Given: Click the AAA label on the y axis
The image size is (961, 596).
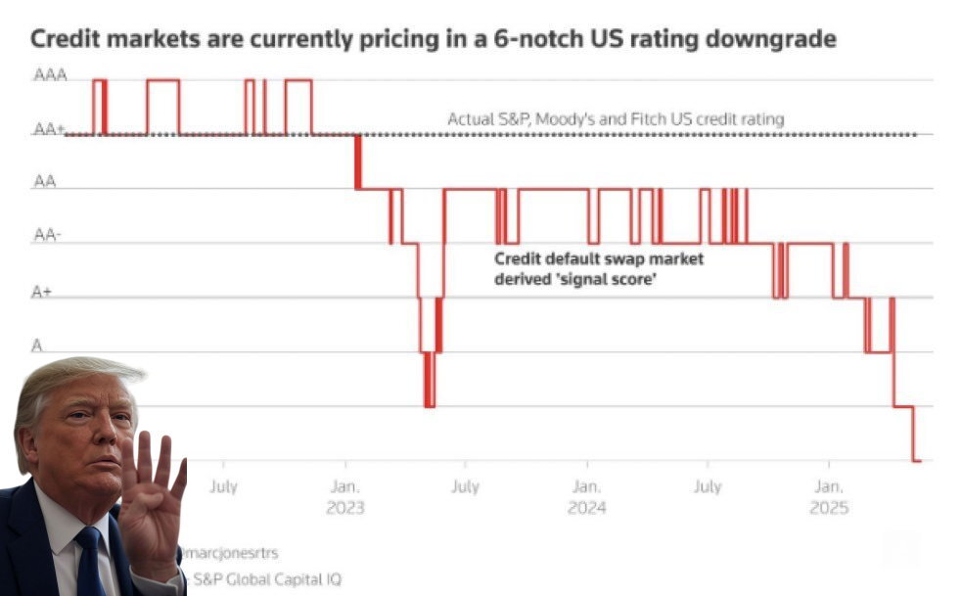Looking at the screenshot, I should coord(50,74).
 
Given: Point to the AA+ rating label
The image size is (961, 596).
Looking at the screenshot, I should coord(49,129).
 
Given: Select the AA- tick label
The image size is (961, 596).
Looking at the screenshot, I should coord(47,235).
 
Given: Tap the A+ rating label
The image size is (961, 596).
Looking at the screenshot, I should coord(41,292).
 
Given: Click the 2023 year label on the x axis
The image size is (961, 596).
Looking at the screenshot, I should coord(344,508).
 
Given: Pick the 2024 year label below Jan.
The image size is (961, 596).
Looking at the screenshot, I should coord(586,508).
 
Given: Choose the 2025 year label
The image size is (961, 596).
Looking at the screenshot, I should coord(829,508).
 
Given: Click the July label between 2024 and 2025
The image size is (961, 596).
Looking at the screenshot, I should coord(708,486).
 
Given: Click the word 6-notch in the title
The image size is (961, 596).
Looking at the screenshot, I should coord(526,40).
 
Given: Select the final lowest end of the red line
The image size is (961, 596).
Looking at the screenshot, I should coord(917,460).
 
